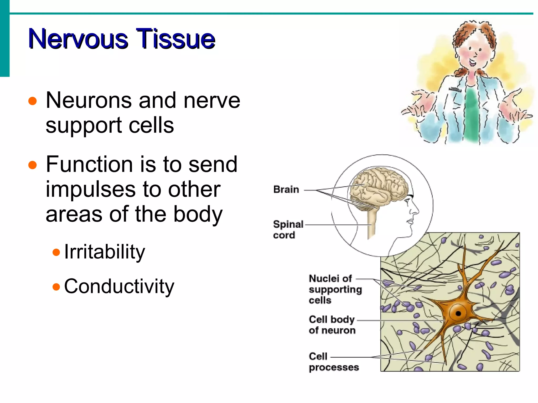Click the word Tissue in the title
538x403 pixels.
pos(175,39)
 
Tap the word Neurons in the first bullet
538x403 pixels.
pos(88,101)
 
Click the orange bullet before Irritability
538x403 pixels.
pos(56,253)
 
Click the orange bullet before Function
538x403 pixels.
pos(32,165)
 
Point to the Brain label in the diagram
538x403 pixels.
pos(286,190)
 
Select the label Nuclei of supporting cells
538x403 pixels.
pos(335,289)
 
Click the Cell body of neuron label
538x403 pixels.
pos(332,325)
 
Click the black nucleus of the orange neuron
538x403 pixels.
pos(458,313)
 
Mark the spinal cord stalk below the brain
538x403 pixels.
pos(371,223)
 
